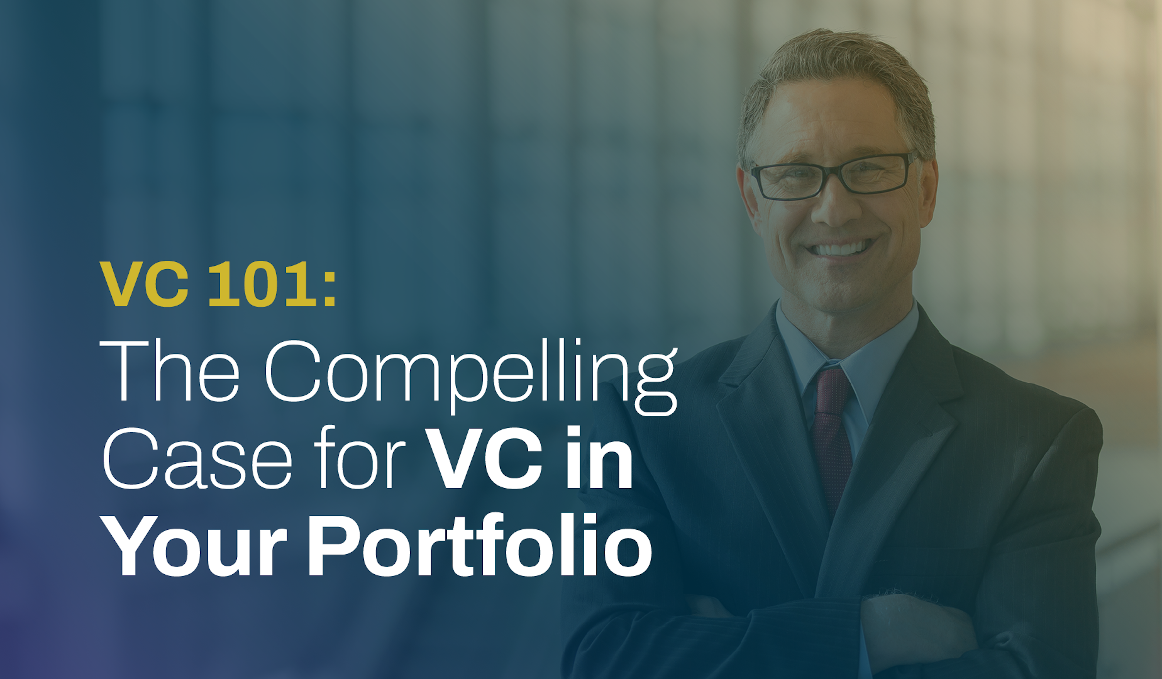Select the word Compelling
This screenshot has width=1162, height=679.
coord(471,376)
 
